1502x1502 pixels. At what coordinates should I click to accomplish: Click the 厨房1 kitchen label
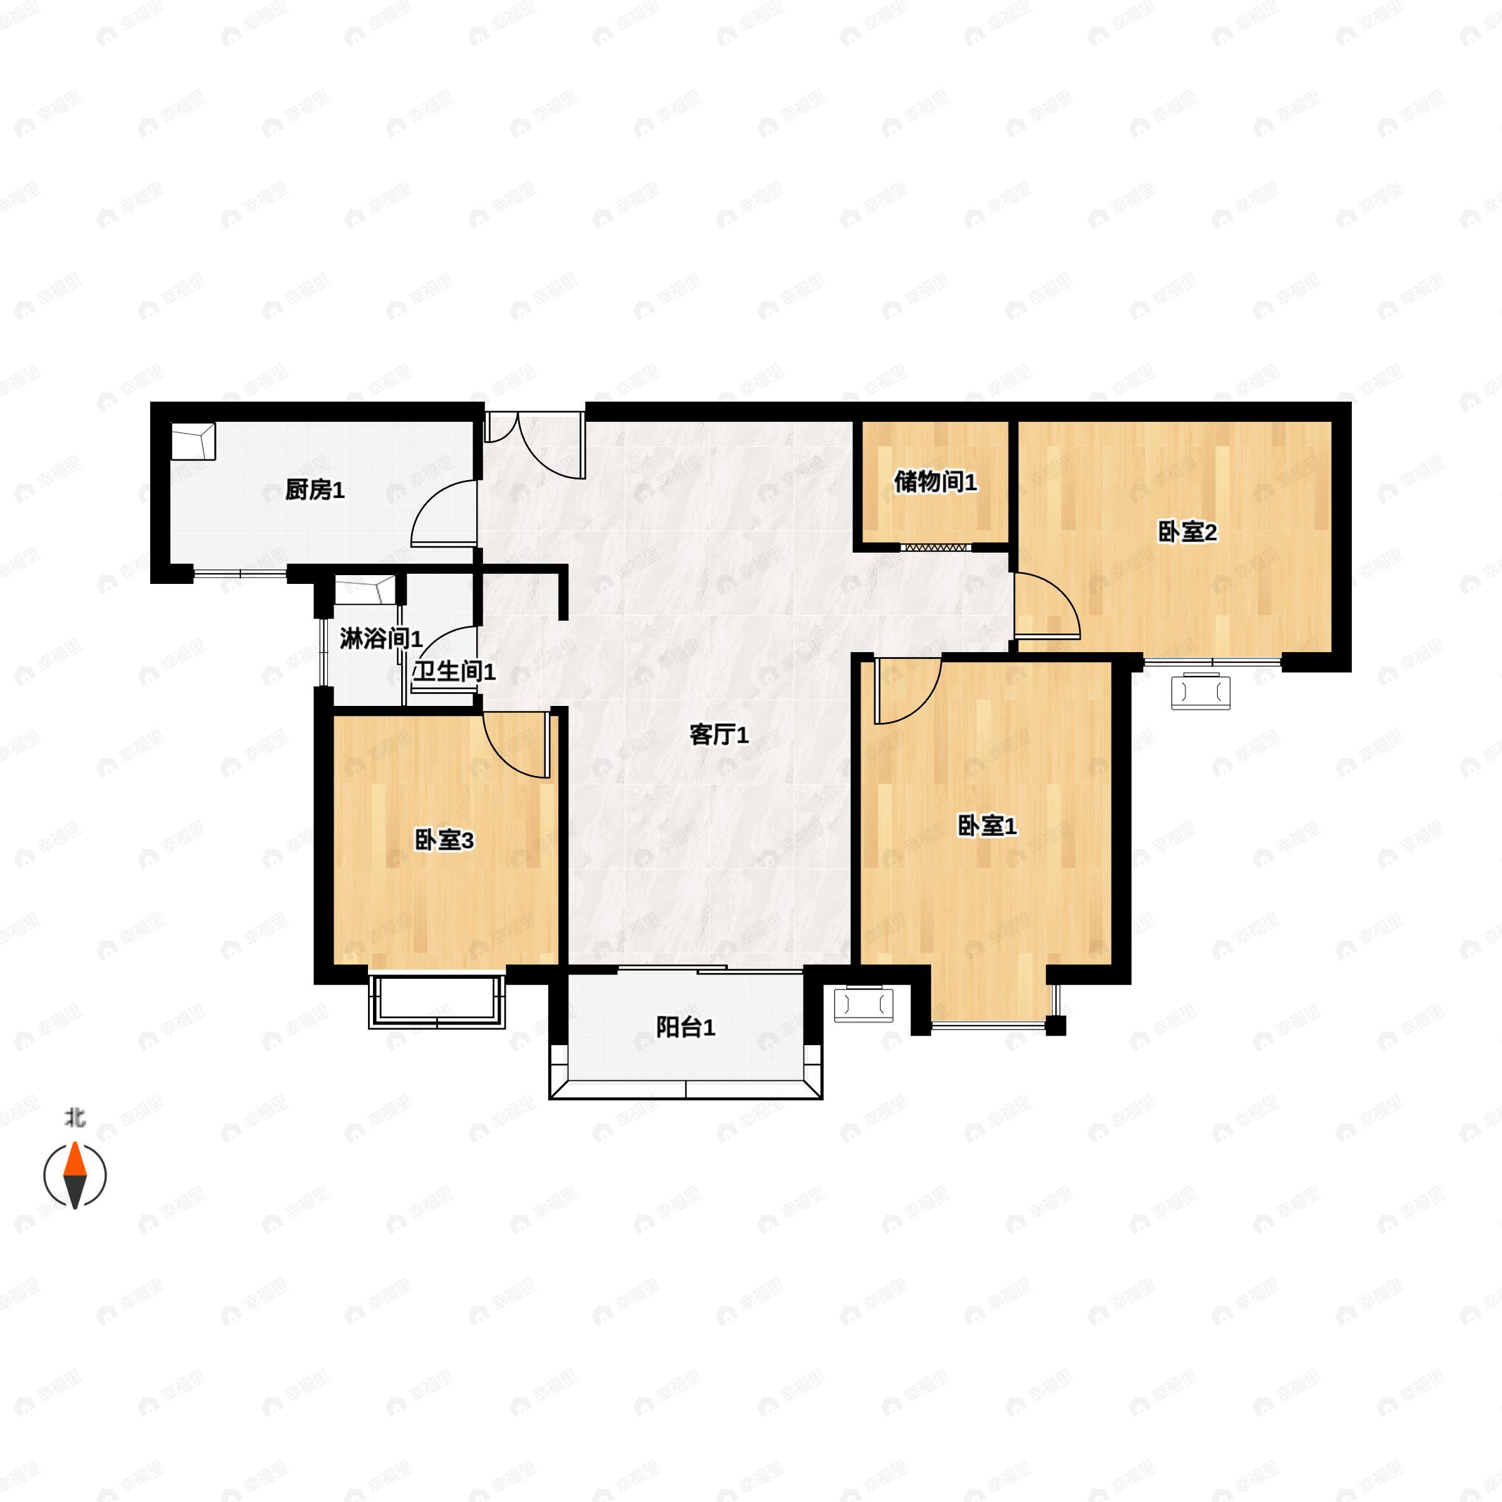click(315, 491)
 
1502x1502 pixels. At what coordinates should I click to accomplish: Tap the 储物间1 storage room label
click(935, 482)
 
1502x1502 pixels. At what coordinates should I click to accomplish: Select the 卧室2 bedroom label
click(1187, 533)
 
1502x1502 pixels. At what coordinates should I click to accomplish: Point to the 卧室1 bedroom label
click(986, 825)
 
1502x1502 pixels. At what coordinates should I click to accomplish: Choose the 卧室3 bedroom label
click(444, 840)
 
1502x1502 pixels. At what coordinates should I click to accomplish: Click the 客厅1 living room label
click(719, 735)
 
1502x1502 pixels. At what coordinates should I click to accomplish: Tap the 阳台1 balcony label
click(685, 1028)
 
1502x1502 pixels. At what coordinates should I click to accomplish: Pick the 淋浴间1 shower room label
click(380, 639)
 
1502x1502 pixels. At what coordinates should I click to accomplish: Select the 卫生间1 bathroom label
click(454, 672)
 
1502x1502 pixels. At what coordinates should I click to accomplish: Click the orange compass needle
click(74, 1161)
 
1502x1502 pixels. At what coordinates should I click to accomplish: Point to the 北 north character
click(74, 1118)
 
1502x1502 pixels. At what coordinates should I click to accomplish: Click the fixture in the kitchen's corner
click(193, 442)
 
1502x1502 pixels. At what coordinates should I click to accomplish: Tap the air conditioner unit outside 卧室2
click(1201, 691)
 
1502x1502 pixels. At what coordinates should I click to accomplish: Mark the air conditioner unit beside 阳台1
click(864, 1004)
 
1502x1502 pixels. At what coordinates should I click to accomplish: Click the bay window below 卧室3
click(437, 1003)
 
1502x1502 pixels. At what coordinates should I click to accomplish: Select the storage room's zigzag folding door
click(935, 548)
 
